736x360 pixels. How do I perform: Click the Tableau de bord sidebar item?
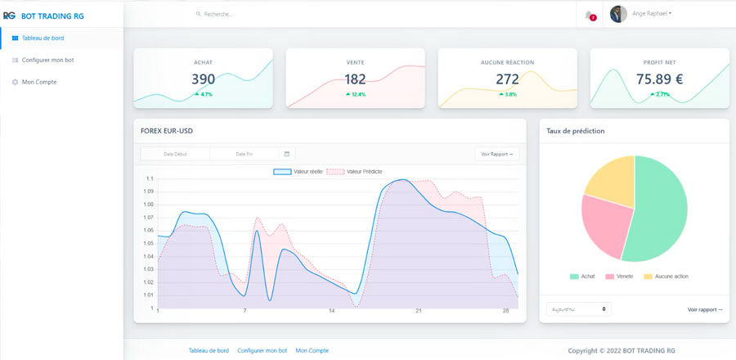coord(43,38)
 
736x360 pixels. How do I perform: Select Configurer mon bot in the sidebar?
coord(47,60)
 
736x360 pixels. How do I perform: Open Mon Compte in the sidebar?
coord(38,82)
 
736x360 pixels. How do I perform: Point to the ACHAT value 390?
coord(203,79)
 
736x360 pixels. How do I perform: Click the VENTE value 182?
coord(355,79)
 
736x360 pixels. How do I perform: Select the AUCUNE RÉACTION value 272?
coord(507,79)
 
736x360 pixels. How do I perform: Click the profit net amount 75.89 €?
coord(659,79)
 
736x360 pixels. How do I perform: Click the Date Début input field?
coord(175,154)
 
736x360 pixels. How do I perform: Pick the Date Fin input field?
coord(244,154)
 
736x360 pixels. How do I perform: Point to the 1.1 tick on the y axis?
coord(150,178)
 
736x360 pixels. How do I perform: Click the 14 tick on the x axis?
coord(331,311)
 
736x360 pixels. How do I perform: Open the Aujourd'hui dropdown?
coord(578,309)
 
